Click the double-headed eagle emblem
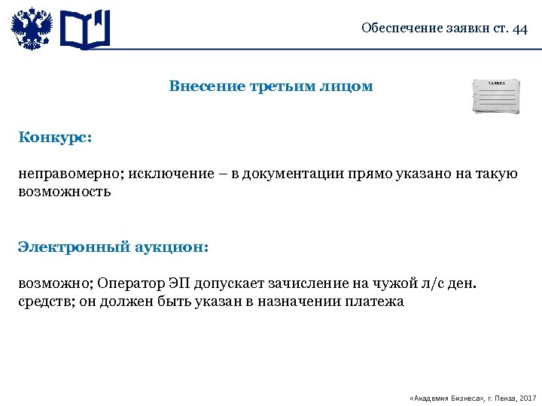point(32,29)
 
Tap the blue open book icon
point(85,30)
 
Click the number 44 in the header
point(519,29)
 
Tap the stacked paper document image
point(495,95)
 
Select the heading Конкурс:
point(56,138)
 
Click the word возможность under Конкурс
point(65,192)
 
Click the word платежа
point(374,301)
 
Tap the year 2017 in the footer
point(527,395)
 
